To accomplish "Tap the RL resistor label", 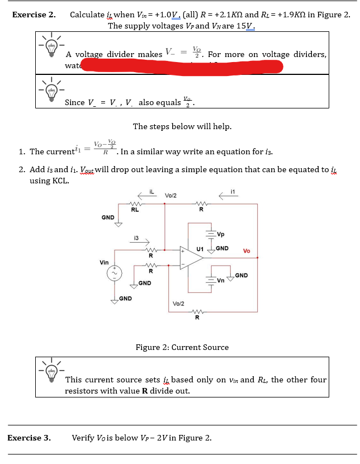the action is (135, 211).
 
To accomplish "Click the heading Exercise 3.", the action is (29, 437).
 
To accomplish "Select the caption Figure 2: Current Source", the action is (182, 347).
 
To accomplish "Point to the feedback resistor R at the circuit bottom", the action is (197, 312).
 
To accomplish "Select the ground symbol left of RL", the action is (118, 223).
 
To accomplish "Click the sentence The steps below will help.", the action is (182, 126).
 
